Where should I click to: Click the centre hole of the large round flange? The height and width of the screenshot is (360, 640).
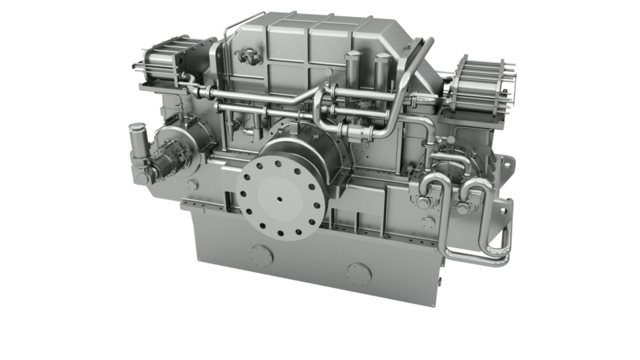pos(281,198)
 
